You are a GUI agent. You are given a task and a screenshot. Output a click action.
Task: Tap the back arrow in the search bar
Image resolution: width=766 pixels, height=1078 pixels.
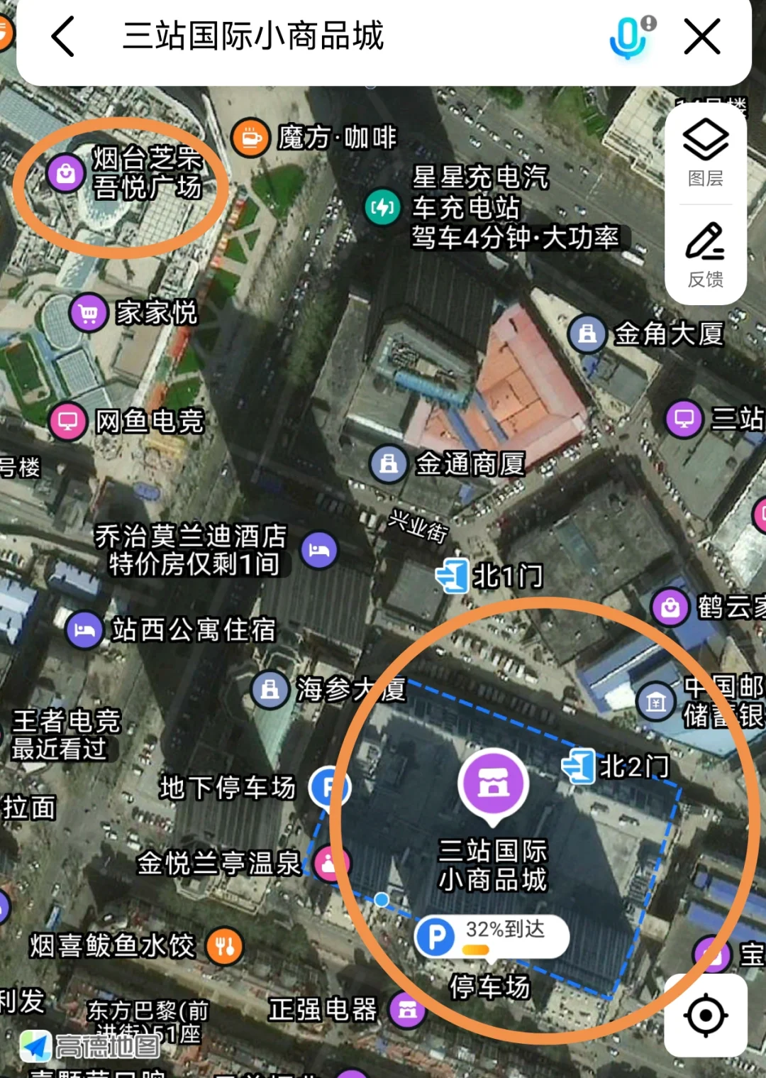63,36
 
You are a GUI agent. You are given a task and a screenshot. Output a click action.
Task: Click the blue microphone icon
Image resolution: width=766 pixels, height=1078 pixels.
628,37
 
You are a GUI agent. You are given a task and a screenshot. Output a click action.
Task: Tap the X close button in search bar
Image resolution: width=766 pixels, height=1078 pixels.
701,36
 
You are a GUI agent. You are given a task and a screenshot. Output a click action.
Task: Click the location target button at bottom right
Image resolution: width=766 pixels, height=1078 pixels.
705,1015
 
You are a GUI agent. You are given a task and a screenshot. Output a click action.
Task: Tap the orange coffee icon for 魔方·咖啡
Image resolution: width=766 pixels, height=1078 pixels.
250,137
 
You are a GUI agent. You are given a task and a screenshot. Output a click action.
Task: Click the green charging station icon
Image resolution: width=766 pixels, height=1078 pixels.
382,207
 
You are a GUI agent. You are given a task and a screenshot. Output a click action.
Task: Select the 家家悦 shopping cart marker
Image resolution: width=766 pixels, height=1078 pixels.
89,312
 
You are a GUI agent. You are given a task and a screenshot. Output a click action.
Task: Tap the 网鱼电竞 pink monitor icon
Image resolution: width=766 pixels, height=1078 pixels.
68,421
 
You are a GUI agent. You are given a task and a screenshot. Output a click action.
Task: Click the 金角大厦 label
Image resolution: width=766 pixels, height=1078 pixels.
668,334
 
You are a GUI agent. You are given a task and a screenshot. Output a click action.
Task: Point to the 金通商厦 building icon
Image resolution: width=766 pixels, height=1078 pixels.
388,464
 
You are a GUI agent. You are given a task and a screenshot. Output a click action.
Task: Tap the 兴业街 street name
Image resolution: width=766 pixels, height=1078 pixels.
418,527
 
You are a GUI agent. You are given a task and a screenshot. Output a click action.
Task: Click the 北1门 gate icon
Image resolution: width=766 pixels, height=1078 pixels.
452,575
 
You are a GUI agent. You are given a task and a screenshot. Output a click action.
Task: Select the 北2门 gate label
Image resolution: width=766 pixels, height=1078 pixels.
634,766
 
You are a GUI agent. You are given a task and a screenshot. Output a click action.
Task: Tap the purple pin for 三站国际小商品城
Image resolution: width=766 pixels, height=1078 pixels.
492,783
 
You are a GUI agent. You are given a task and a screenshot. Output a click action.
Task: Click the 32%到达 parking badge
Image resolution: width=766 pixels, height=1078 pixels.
491,936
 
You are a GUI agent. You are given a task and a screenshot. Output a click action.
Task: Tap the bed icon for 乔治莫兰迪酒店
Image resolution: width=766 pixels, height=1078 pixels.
319,550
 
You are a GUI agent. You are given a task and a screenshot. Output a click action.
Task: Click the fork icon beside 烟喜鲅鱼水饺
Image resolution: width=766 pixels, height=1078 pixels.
225,946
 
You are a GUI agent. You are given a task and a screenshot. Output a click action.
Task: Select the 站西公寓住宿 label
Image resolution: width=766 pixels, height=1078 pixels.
193,629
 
